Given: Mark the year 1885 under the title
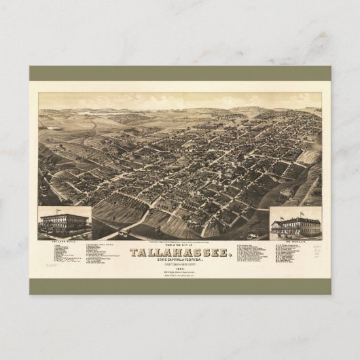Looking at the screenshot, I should [x=179, y=273].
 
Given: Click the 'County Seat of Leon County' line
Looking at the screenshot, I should [x=179, y=268].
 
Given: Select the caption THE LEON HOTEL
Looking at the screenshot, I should [x=64, y=242].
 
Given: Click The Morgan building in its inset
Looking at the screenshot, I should [x=295, y=226].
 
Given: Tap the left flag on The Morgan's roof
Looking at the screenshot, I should [x=282, y=215].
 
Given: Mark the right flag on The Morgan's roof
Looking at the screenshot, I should [x=302, y=214].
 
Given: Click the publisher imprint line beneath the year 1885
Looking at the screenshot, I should [x=179, y=278].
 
